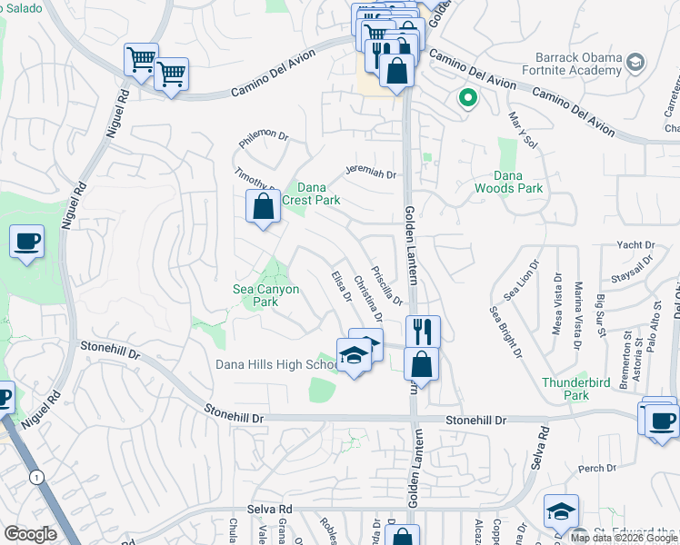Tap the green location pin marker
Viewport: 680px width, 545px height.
tap(468, 96)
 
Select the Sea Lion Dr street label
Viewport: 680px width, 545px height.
tap(515, 280)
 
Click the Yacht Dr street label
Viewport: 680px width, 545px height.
tap(635, 245)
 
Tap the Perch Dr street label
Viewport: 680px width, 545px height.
tap(597, 469)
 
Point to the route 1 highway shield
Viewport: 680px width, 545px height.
tap(34, 477)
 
